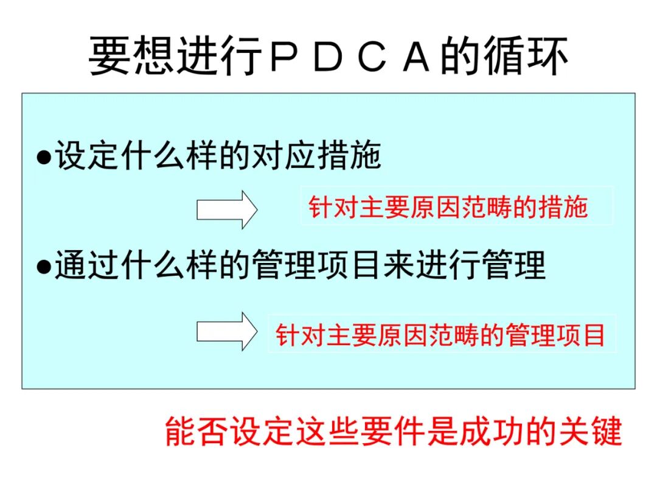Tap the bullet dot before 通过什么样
coord(44,266)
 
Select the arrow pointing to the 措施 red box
coord(227,209)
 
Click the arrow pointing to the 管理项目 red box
coord(227,331)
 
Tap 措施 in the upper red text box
coord(566,207)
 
